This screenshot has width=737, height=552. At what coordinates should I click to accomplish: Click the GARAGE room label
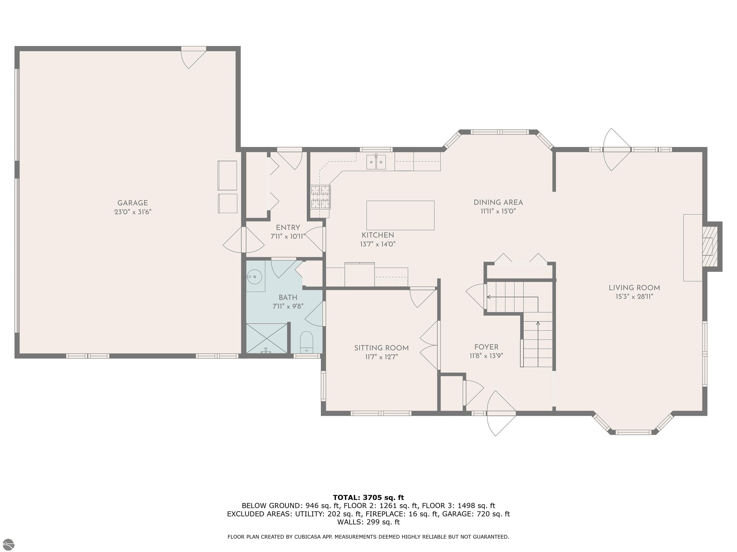133,203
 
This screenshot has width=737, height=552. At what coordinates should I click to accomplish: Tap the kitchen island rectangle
400,215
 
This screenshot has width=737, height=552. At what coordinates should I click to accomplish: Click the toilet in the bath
307,343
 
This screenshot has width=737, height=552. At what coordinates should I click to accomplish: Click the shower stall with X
267,338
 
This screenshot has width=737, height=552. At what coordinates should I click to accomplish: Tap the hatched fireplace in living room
709,247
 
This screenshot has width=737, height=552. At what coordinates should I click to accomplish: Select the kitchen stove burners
320,197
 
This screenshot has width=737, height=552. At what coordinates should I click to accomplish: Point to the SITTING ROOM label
381,348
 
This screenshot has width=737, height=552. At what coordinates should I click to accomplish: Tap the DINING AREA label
498,202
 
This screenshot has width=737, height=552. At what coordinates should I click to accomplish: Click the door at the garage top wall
193,57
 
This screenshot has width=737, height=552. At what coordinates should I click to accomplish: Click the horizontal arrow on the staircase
512,297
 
